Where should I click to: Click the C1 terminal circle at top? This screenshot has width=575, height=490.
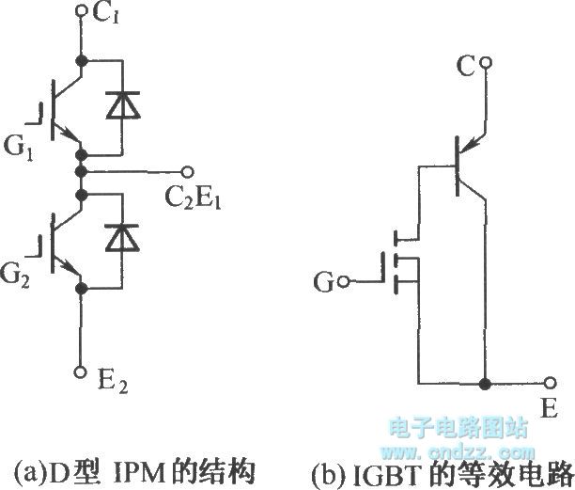point(81,10)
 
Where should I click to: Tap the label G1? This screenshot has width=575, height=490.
point(19,149)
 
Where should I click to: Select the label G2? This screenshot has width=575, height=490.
point(15,277)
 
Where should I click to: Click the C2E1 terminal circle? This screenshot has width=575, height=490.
point(187,171)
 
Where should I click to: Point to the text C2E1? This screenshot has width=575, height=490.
point(193,198)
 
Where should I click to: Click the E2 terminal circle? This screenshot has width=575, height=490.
point(80,371)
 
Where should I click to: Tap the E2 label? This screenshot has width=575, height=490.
point(113,382)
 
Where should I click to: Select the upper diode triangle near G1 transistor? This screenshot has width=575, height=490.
point(122,105)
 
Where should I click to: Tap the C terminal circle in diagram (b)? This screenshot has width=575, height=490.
point(486,64)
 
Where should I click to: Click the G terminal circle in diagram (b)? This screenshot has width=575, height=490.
point(344,282)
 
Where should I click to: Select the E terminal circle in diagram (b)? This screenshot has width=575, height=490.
point(550,384)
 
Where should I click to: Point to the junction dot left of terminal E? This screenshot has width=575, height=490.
point(485,384)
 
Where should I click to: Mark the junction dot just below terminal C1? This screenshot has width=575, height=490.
point(81,60)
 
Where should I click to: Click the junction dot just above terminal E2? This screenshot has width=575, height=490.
point(81,289)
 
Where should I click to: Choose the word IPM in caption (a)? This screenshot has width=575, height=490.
point(140,473)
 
